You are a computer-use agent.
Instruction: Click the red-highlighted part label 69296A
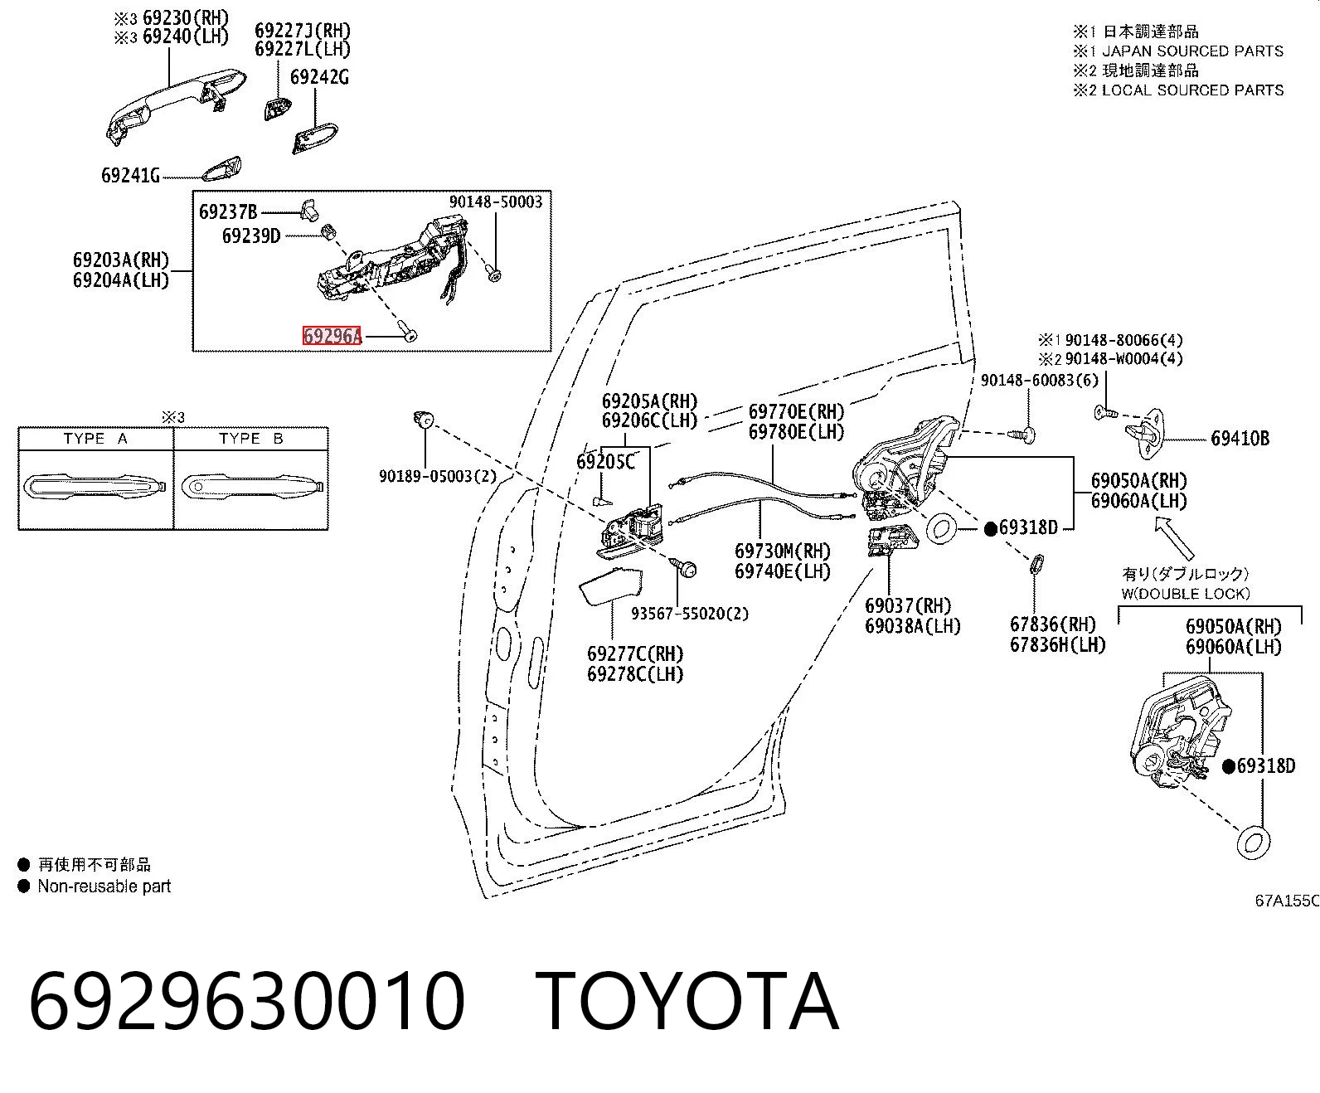point(332,335)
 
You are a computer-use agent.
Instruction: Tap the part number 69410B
point(1240,439)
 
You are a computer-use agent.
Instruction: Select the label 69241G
point(130,175)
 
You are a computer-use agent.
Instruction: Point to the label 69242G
point(319,77)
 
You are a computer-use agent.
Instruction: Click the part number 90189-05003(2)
point(438,476)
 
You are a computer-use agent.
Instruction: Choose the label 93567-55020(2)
point(690,614)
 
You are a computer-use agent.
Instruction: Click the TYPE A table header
point(95,439)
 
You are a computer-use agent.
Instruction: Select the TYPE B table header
point(251,439)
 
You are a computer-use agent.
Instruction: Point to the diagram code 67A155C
point(1287,901)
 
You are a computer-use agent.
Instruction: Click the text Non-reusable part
point(104,887)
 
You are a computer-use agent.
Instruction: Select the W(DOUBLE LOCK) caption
point(1186,594)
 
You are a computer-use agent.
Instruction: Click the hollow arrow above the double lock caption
point(1175,537)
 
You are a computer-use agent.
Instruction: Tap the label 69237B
point(228,212)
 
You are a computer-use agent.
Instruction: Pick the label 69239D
point(251,236)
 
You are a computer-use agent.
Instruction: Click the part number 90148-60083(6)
point(1040,380)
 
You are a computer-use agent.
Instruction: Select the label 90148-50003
point(496,202)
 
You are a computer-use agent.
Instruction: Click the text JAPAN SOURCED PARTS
point(1193,51)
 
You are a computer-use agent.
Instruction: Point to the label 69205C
point(605,462)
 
